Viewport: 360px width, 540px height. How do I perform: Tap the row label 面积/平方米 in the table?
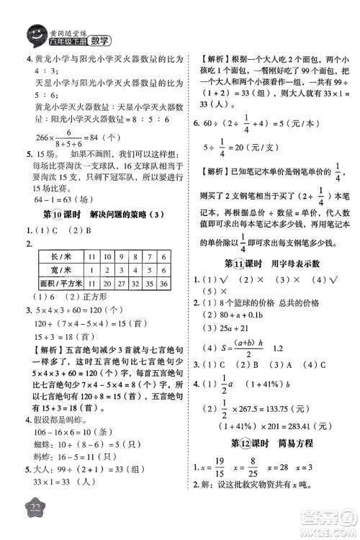(x=58, y=284)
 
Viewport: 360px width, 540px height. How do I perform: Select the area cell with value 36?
(x=164, y=284)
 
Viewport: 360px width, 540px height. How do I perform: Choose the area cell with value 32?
(x=135, y=284)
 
